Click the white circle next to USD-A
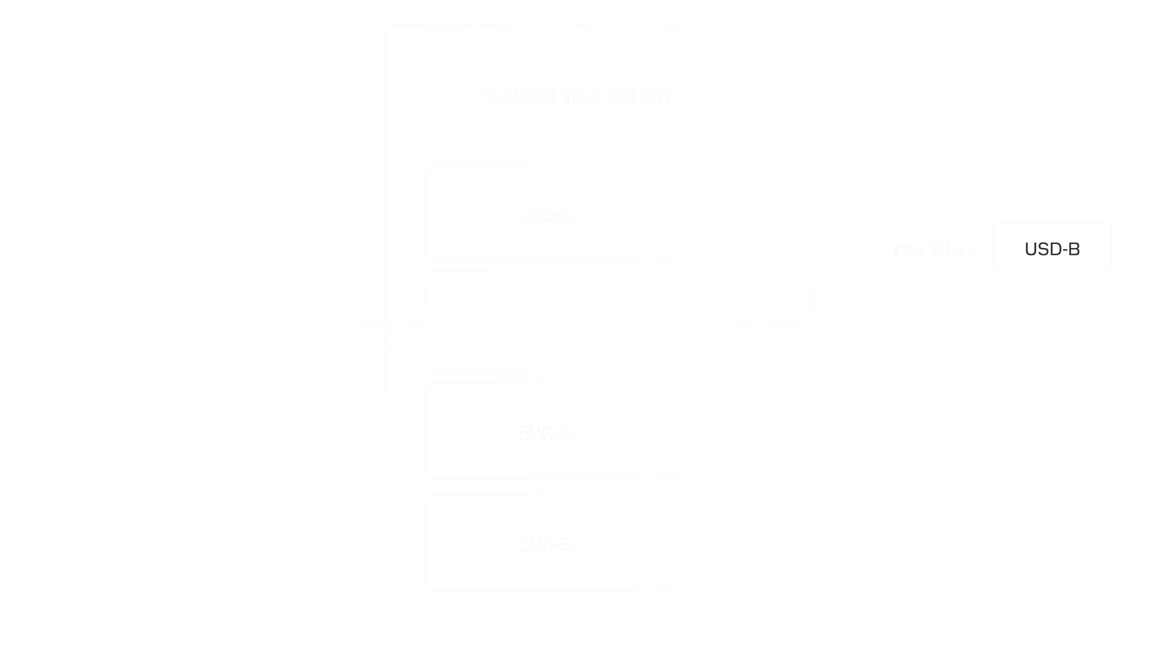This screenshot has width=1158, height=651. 476,212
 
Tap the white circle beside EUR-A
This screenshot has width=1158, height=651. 476,431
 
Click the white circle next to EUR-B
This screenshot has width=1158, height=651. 476,542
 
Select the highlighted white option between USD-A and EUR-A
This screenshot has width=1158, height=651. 579,321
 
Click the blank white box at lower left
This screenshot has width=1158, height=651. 161,423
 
